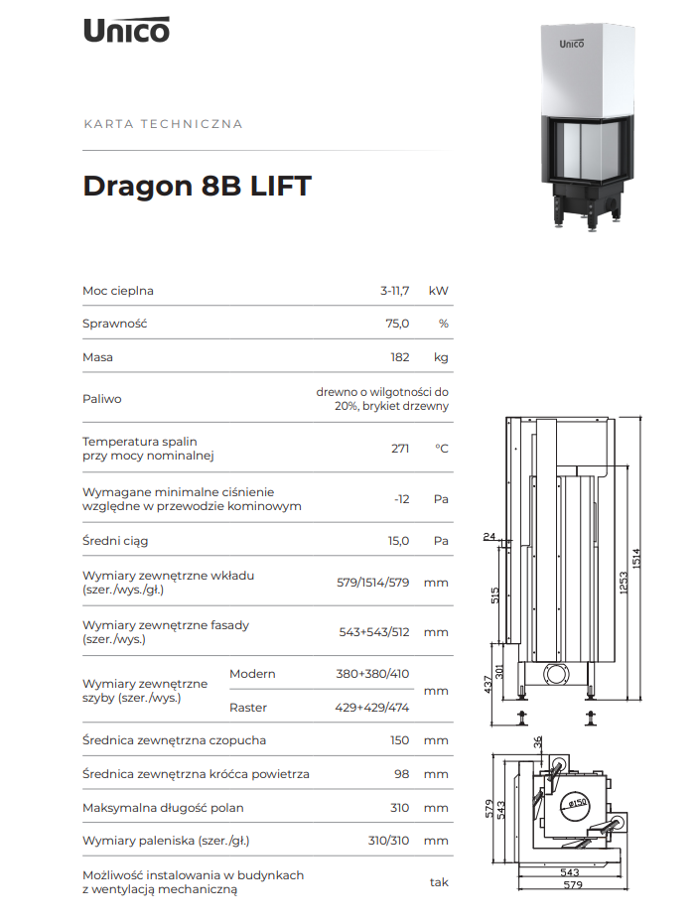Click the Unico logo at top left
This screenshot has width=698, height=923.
127,30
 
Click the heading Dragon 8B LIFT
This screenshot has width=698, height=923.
197,186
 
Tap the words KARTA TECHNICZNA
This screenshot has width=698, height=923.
163,124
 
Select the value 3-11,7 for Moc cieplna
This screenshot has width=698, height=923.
394,291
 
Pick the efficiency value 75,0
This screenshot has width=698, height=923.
397,324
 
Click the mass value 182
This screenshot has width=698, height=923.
400,357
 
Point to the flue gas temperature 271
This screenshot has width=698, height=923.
400,449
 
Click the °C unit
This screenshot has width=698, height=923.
442,449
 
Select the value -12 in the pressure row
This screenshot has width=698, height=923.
402,499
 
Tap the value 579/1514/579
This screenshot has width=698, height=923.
373,583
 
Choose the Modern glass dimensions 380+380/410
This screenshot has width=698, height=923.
372,674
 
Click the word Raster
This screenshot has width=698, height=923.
248,708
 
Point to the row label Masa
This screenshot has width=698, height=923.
97,357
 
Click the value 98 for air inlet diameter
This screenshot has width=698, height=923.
402,774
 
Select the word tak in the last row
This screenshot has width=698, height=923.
439,882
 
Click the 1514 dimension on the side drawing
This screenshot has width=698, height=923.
636,558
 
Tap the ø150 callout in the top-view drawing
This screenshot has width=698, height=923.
577,803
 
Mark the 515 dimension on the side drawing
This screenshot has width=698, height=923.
494,595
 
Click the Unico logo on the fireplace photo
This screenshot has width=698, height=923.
571,44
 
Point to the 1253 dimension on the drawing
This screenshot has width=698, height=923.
624,584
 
